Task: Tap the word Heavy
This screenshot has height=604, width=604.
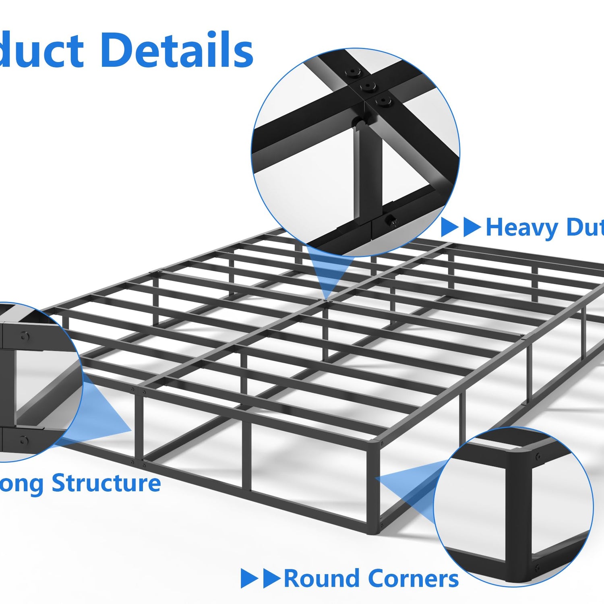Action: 522,228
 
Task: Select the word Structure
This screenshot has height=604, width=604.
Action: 106,483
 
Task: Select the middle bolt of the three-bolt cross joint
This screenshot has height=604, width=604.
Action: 368,86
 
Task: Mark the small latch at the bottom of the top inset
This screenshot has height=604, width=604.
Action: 390,221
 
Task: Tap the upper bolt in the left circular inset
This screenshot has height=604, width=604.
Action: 24,336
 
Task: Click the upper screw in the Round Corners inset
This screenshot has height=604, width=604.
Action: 538,456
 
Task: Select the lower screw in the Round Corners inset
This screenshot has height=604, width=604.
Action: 538,568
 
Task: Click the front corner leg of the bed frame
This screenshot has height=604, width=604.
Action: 372,487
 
